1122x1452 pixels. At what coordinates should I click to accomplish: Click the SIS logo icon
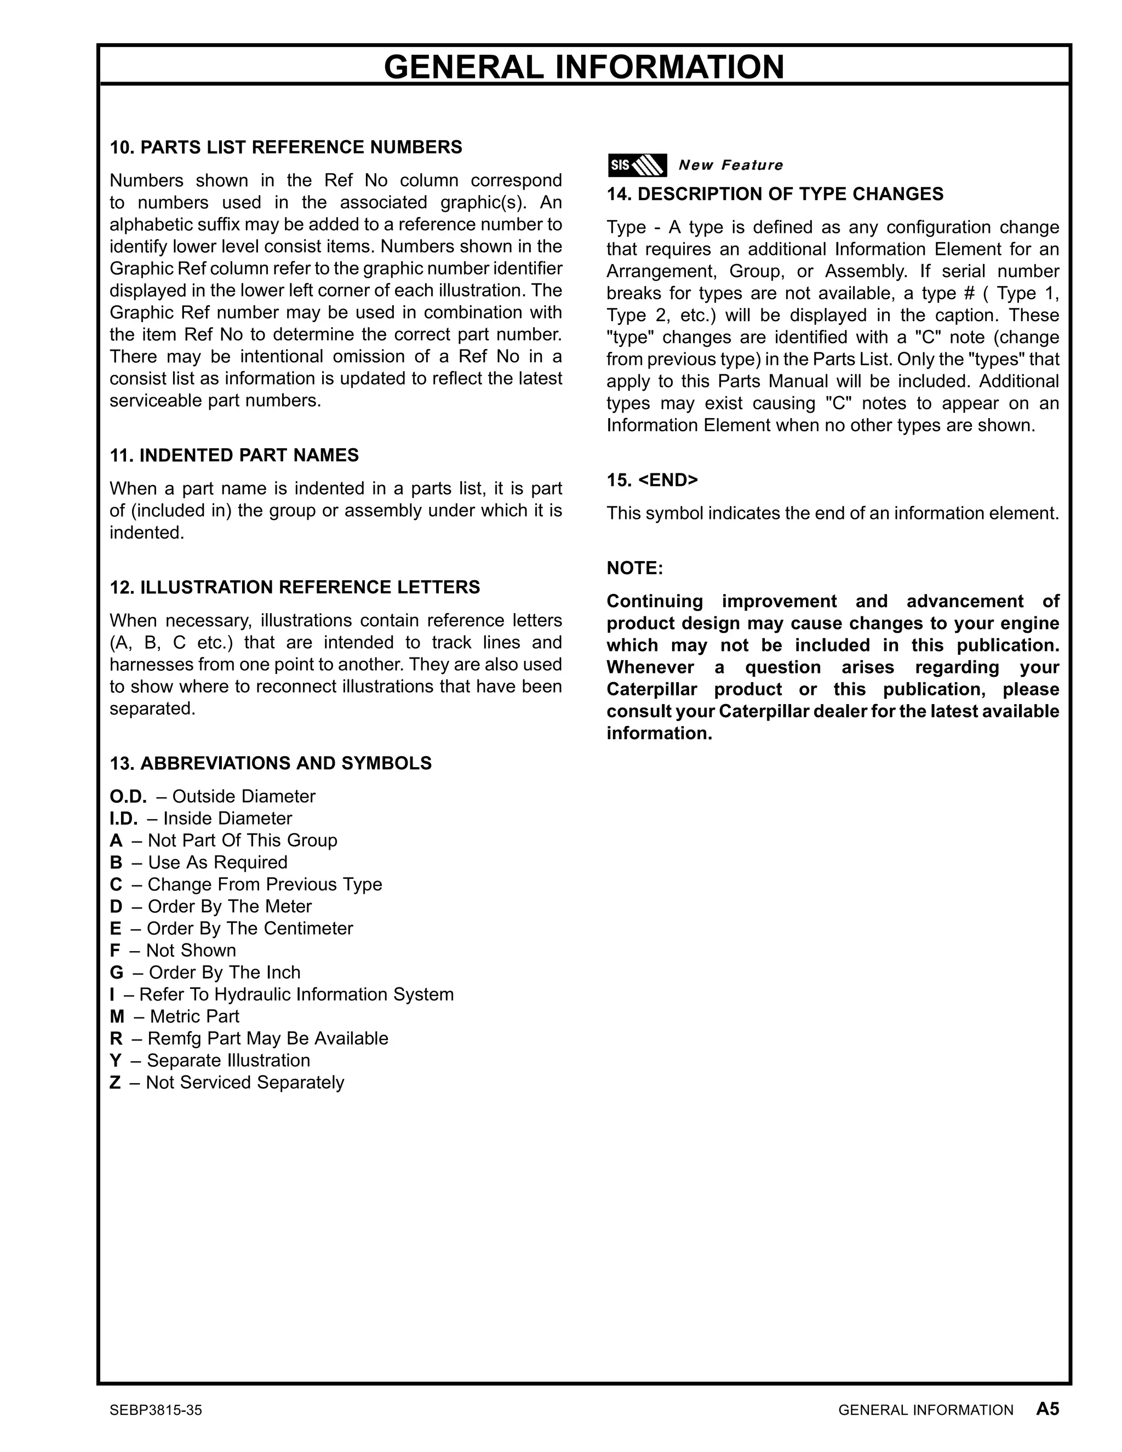pyautogui.click(x=637, y=165)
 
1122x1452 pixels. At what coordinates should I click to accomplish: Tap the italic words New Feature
pyautogui.click(x=730, y=165)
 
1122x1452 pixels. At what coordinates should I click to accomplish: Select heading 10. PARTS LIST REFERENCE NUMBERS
pyautogui.click(x=286, y=147)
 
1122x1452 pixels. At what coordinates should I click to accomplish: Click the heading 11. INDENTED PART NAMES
pyautogui.click(x=234, y=455)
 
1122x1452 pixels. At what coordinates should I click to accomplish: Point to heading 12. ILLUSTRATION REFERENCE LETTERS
pyautogui.click(x=294, y=587)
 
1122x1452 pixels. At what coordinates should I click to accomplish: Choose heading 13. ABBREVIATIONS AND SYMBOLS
pyautogui.click(x=271, y=763)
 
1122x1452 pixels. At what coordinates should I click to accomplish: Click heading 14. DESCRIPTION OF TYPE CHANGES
pyautogui.click(x=774, y=193)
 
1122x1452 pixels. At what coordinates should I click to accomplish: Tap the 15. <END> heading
pyautogui.click(x=652, y=480)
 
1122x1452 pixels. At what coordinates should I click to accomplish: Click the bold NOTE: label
pyautogui.click(x=635, y=568)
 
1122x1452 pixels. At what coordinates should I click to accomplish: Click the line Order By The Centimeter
pyautogui.click(x=231, y=928)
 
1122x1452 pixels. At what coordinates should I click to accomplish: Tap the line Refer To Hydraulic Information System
pyautogui.click(x=282, y=994)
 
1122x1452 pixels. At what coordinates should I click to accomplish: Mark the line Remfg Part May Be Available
pyautogui.click(x=249, y=1038)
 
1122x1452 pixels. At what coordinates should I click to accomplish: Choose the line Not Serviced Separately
pyautogui.click(x=227, y=1082)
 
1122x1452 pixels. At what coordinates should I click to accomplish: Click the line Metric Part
pyautogui.click(x=175, y=1016)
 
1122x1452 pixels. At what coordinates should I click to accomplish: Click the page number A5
pyautogui.click(x=1047, y=1409)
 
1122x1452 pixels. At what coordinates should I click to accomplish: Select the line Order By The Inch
pyautogui.click(x=205, y=972)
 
